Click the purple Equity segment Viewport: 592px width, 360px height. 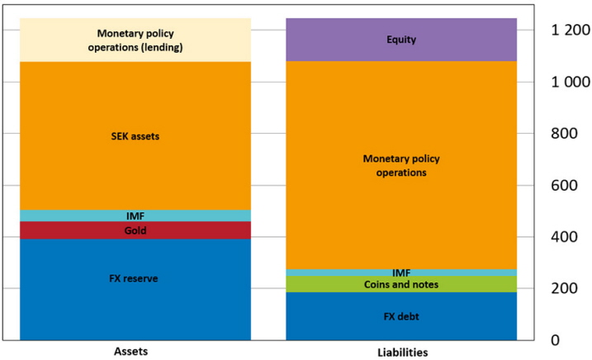[401, 40]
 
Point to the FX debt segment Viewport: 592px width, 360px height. [401, 315]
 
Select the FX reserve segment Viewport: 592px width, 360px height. [135, 289]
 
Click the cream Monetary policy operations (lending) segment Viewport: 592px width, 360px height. [135, 40]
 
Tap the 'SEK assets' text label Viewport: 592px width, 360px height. [135, 136]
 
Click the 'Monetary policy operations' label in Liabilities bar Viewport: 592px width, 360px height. [401, 165]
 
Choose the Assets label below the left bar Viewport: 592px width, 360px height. [135, 352]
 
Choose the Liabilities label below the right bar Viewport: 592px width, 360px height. [401, 352]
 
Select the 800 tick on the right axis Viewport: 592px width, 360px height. [568, 134]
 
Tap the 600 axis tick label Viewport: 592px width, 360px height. [568, 186]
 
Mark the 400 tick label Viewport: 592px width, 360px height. [568, 237]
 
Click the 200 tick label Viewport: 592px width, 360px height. [568, 289]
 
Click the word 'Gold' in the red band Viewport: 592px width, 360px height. [135, 231]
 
